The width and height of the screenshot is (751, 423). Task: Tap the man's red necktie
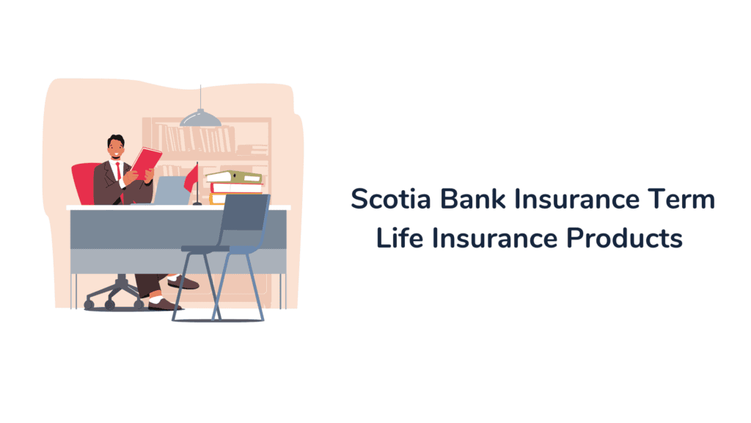[118, 173]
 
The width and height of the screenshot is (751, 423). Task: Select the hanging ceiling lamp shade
[200, 117]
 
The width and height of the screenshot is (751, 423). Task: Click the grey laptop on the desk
[172, 190]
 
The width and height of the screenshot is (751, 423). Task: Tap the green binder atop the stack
[235, 177]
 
